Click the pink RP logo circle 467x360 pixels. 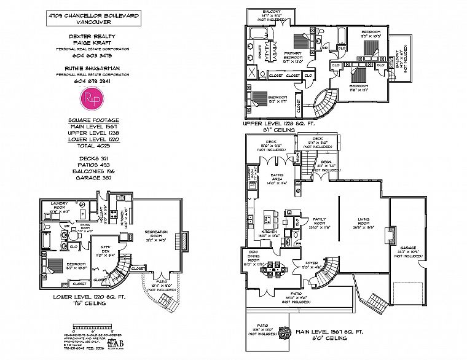(x=94, y=98)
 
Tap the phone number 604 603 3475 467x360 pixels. (x=94, y=55)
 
